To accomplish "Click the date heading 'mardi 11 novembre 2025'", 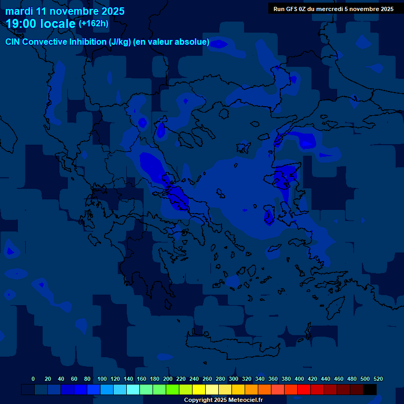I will pyautogui.click(x=65, y=11).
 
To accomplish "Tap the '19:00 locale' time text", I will pyautogui.click(x=41, y=24).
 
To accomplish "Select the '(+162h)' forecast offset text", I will pyautogui.click(x=93, y=23).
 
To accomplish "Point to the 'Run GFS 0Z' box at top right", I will pyautogui.click(x=334, y=9).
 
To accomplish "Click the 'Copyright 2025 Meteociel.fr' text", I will pyautogui.click(x=223, y=400).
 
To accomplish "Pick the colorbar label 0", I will pyautogui.click(x=33, y=379).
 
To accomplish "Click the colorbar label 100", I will pyautogui.click(x=102, y=379).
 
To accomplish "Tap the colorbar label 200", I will pyautogui.click(x=168, y=379).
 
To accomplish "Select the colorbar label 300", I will pyautogui.click(x=234, y=379).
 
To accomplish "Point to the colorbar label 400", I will pyautogui.click(x=299, y=379).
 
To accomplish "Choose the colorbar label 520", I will pyautogui.click(x=378, y=379).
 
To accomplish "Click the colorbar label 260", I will pyautogui.click(x=207, y=379).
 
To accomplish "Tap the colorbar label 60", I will pyautogui.click(x=74, y=379).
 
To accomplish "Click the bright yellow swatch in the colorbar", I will pyautogui.click(x=199, y=390).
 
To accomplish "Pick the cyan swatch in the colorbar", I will pyautogui.click(x=133, y=390).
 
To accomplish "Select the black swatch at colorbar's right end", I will pyautogui.click(x=370, y=390).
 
